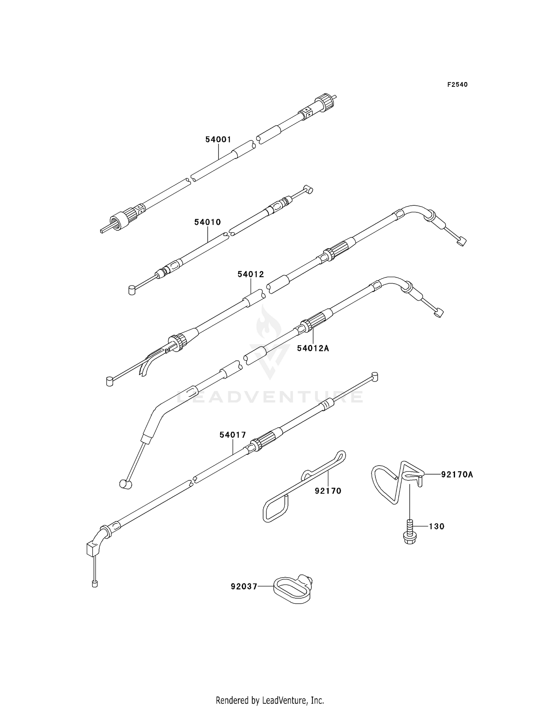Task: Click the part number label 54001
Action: pos(218,139)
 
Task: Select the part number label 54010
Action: pos(207,222)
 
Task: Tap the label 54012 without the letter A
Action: pos(251,275)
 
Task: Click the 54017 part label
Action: pos(233,435)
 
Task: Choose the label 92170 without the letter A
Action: pos(328,491)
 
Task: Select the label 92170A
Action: pos(457,475)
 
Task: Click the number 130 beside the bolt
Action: pos(437,526)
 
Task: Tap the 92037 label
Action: pos(244,587)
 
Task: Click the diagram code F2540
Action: pos(457,85)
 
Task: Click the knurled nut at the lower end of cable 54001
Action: pos(122,218)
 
